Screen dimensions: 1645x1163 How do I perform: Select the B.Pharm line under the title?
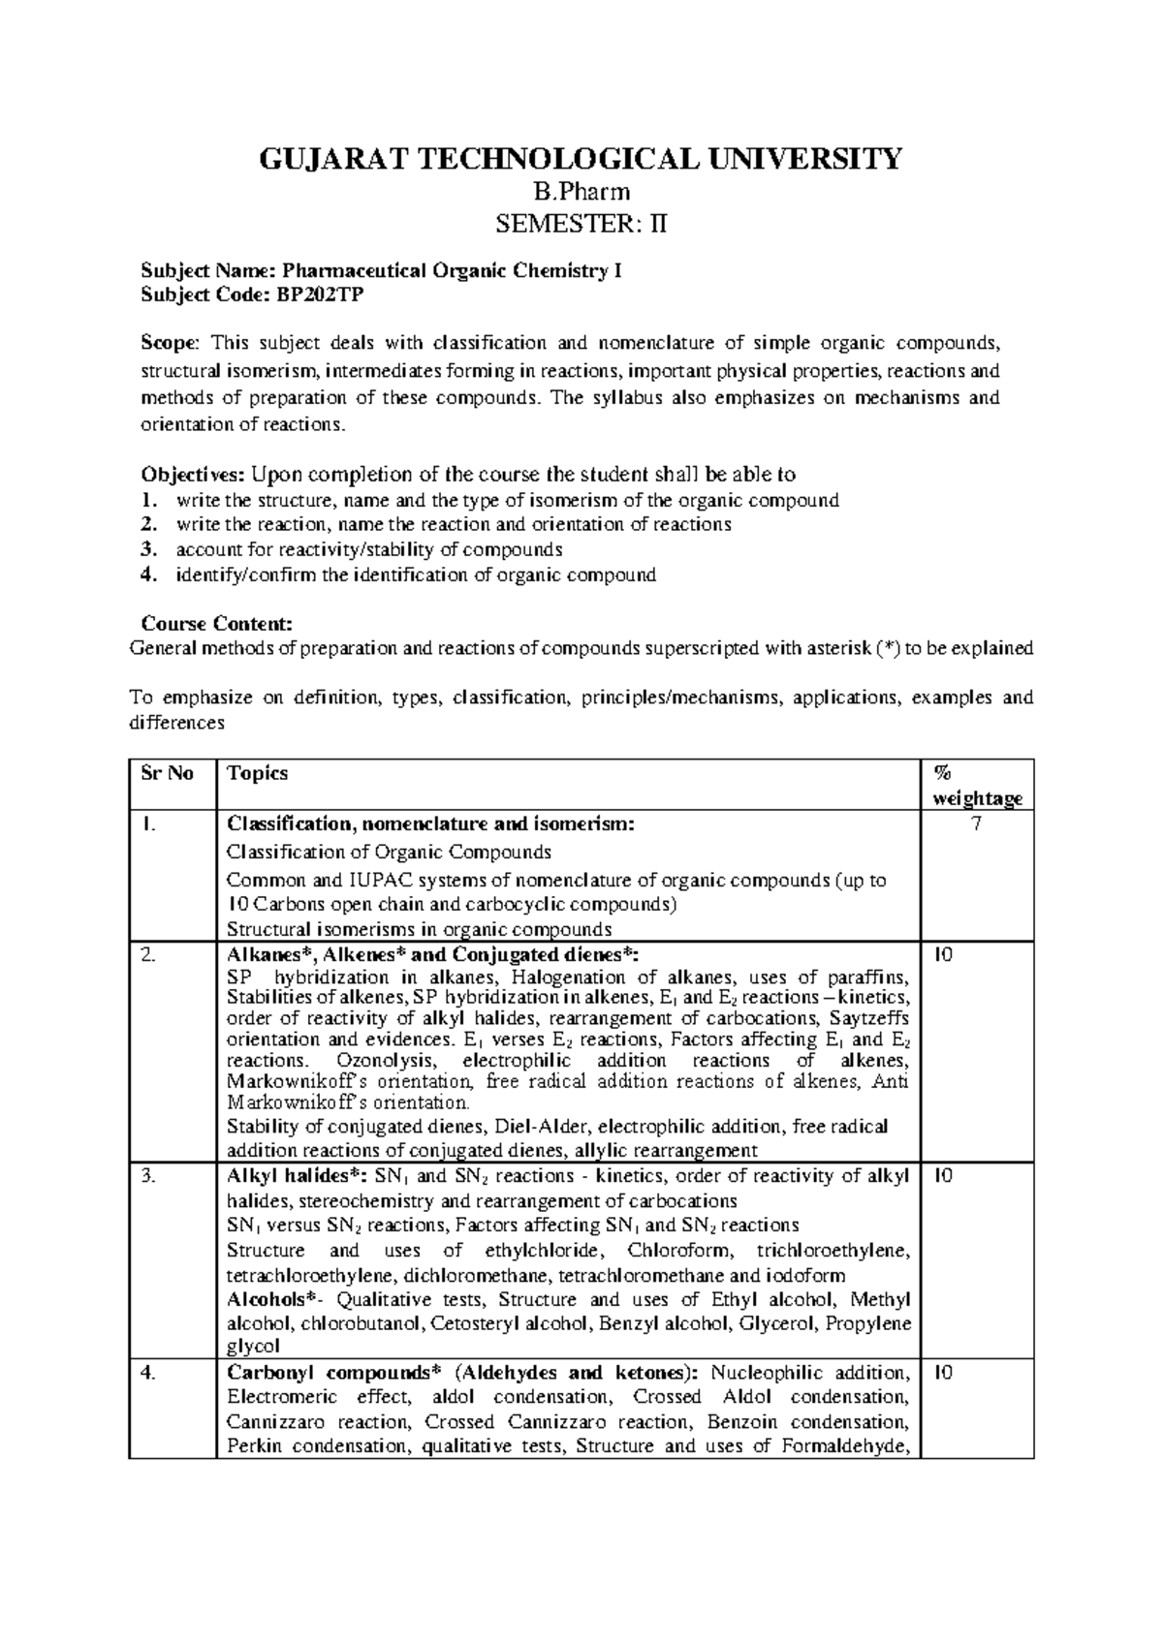tap(581, 192)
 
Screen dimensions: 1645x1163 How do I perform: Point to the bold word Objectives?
tap(192, 475)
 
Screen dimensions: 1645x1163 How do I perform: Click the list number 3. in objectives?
tap(147, 550)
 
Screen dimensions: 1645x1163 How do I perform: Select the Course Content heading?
tap(216, 624)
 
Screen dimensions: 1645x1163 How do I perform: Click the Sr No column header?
tap(167, 773)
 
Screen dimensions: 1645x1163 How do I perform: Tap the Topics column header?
tap(257, 773)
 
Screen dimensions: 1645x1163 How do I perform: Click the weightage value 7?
tap(977, 824)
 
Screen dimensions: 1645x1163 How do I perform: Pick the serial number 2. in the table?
tap(146, 954)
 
